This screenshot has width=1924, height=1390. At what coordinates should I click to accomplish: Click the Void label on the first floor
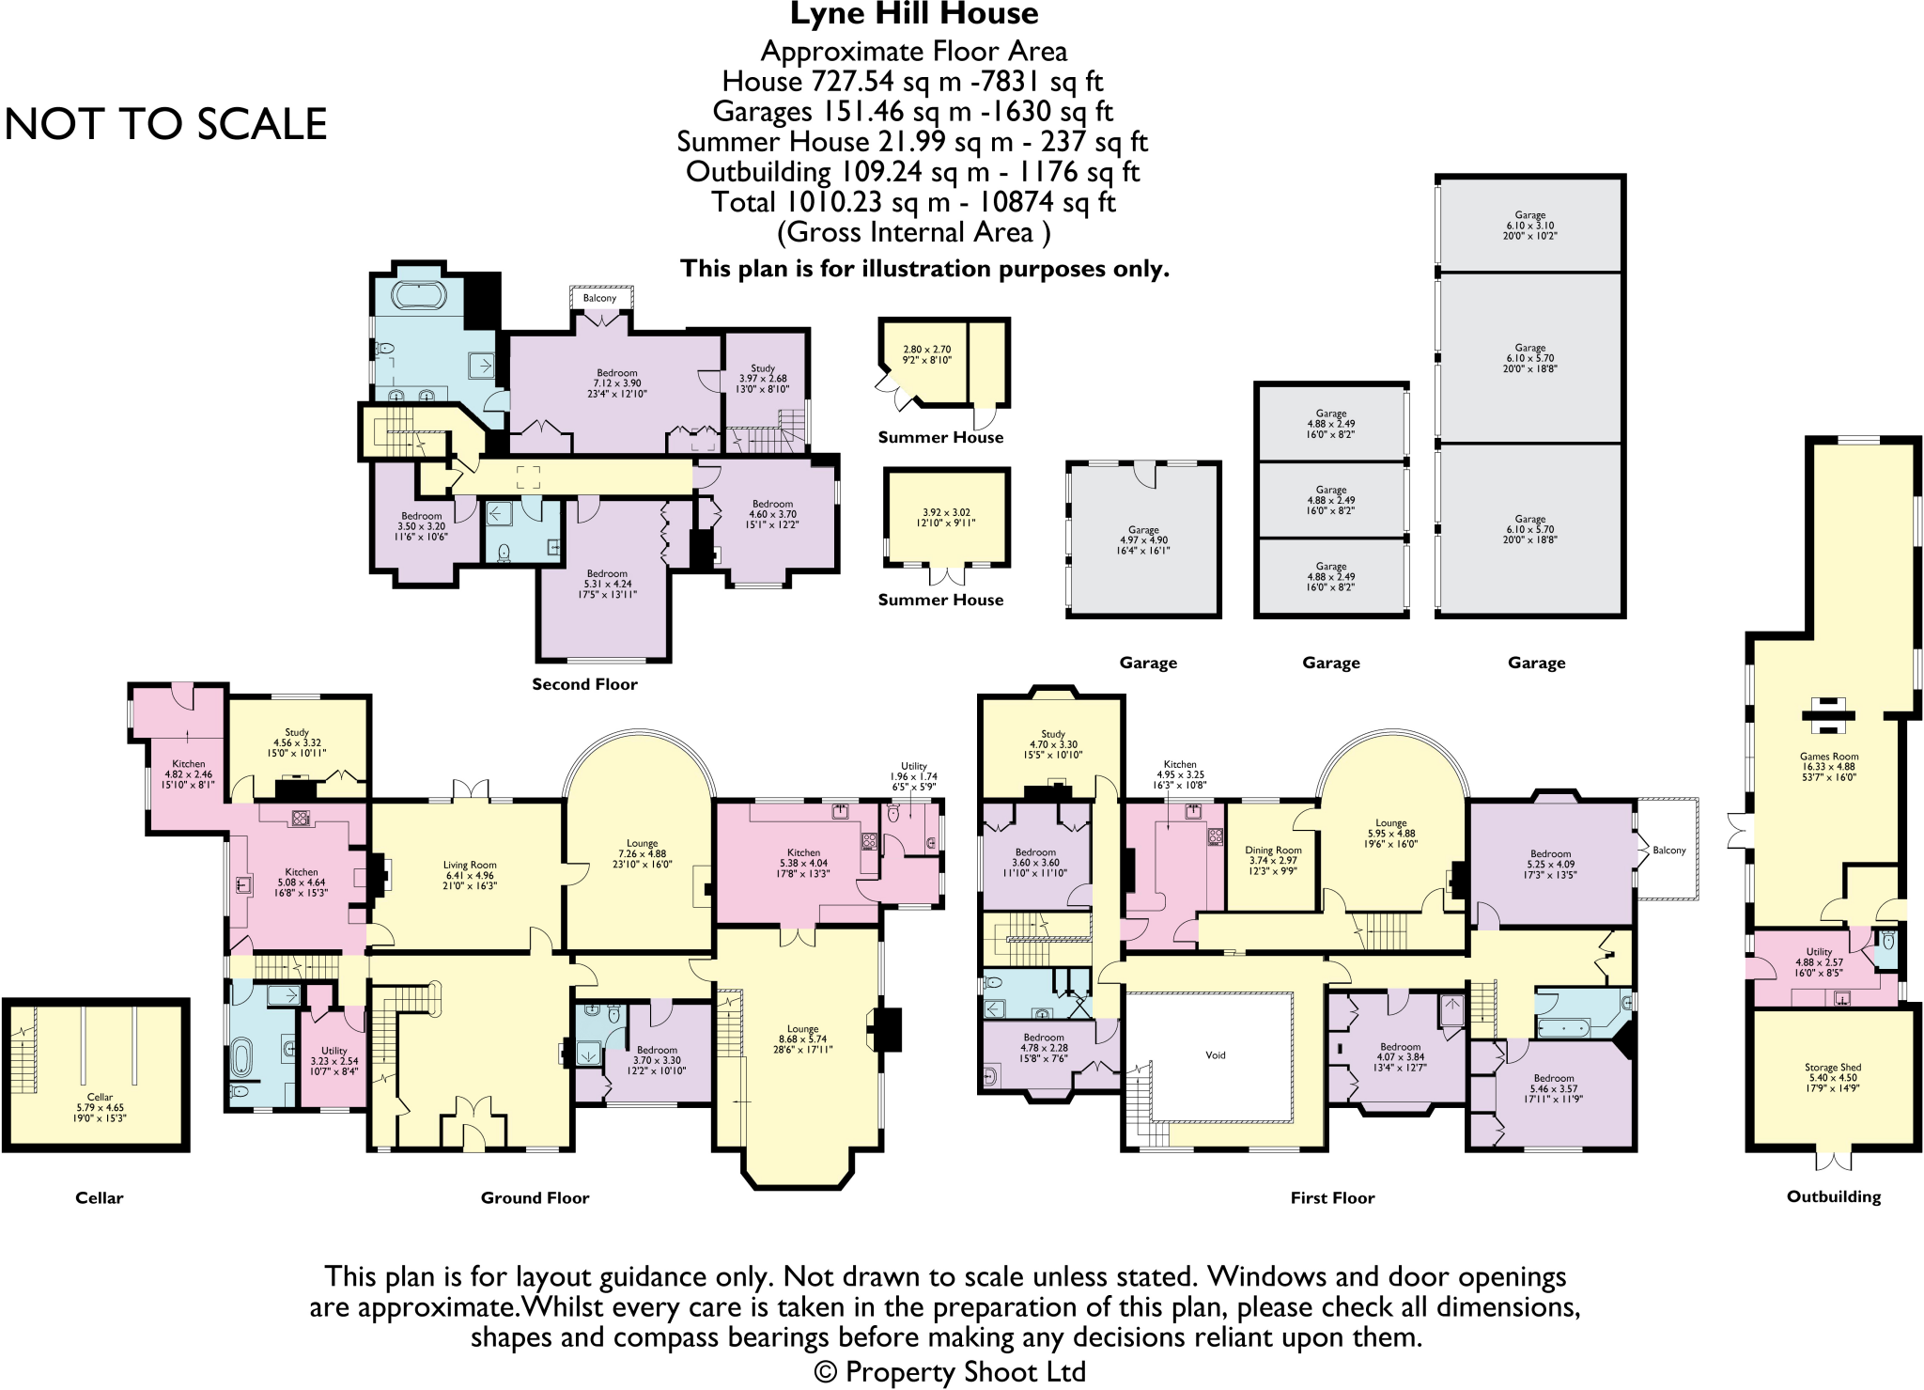1215,1055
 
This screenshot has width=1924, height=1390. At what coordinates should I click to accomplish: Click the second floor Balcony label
599,298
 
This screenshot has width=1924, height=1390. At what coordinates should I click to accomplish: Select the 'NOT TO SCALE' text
166,124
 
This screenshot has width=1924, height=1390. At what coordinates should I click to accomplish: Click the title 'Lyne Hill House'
913,14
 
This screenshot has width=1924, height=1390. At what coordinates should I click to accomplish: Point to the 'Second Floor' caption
584,684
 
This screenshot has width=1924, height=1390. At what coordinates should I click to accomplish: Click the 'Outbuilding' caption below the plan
1833,1196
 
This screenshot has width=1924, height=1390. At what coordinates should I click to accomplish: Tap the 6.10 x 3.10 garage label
1529,226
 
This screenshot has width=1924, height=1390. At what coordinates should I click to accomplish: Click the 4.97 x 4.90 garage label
1143,540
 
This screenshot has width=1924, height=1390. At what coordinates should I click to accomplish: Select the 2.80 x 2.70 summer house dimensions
926,354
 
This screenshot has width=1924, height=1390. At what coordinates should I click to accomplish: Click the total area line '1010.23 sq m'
913,202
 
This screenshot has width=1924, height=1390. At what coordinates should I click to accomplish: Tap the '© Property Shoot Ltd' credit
950,1371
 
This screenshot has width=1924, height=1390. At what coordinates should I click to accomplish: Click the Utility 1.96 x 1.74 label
913,776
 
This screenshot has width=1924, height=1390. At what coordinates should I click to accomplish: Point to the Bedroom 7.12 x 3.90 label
616,383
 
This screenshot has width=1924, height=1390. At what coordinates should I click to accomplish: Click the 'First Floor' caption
1332,1197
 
